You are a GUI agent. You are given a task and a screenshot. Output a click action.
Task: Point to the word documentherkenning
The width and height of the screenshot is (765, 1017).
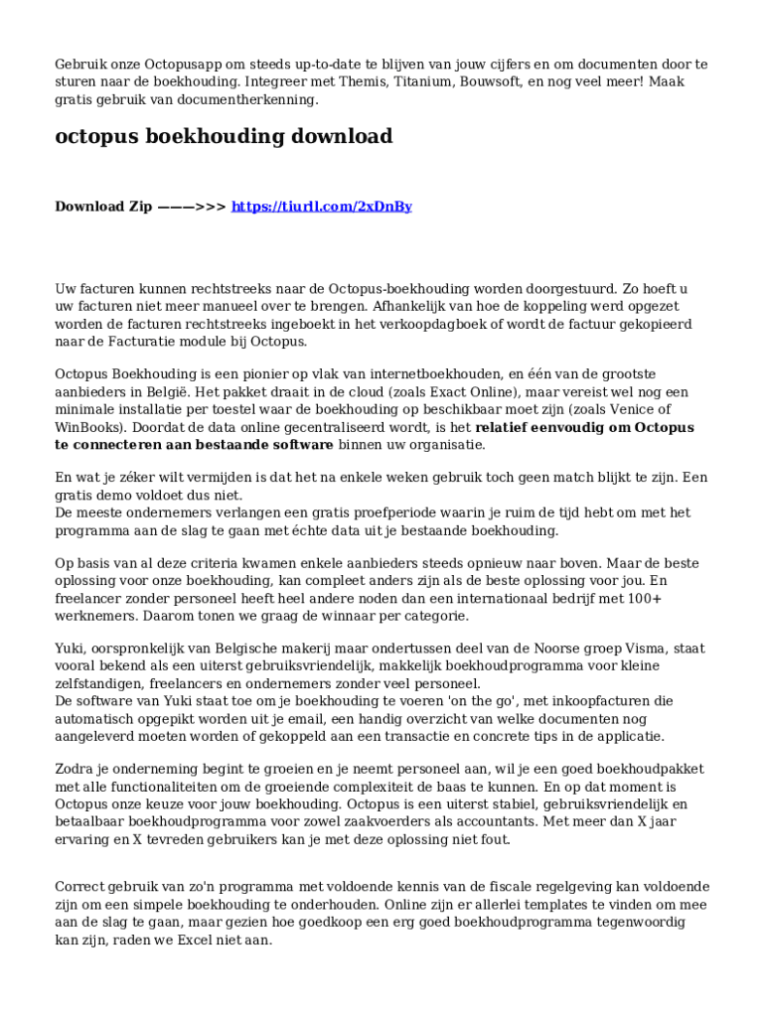[x=255, y=100]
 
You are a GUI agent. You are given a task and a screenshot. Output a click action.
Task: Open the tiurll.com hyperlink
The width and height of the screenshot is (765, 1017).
[x=321, y=207]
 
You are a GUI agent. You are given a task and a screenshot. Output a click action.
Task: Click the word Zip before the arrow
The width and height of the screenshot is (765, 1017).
[x=135, y=207]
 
